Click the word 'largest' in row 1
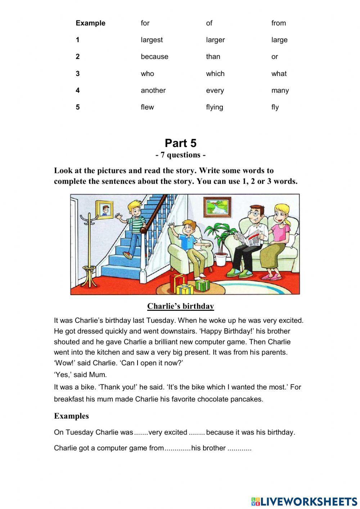[x=152, y=40]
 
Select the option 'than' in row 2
[x=213, y=57]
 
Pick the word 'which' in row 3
[x=215, y=73]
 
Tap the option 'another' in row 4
[x=153, y=90]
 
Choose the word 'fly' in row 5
[x=275, y=107]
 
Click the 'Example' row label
[x=90, y=23]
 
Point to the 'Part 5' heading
[x=180, y=143]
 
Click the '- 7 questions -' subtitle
[x=180, y=155]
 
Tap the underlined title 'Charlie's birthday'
[x=180, y=306]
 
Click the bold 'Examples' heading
[x=71, y=416]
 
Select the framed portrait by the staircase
[x=104, y=210]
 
